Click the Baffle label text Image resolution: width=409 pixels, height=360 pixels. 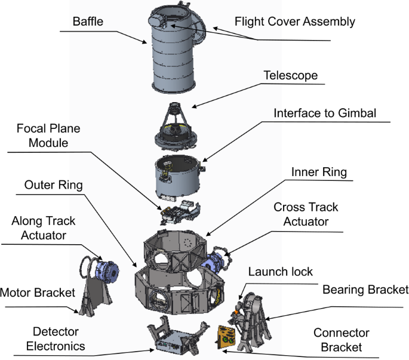point(88,23)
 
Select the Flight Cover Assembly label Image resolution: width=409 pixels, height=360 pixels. point(295,22)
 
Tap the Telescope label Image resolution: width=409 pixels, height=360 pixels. point(290,76)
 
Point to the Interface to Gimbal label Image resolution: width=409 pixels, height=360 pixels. point(325,113)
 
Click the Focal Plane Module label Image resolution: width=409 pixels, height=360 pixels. point(48,136)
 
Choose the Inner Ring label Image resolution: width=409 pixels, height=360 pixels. point(318,173)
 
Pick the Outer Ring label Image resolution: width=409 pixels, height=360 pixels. point(54,185)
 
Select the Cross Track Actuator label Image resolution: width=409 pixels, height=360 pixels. point(306,214)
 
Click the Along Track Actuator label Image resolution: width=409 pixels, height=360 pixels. point(44,228)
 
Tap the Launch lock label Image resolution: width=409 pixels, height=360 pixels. point(281,272)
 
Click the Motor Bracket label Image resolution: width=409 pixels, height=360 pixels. point(38,293)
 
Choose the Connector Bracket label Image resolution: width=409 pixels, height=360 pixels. point(342,340)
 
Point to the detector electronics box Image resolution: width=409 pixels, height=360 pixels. point(171,340)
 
